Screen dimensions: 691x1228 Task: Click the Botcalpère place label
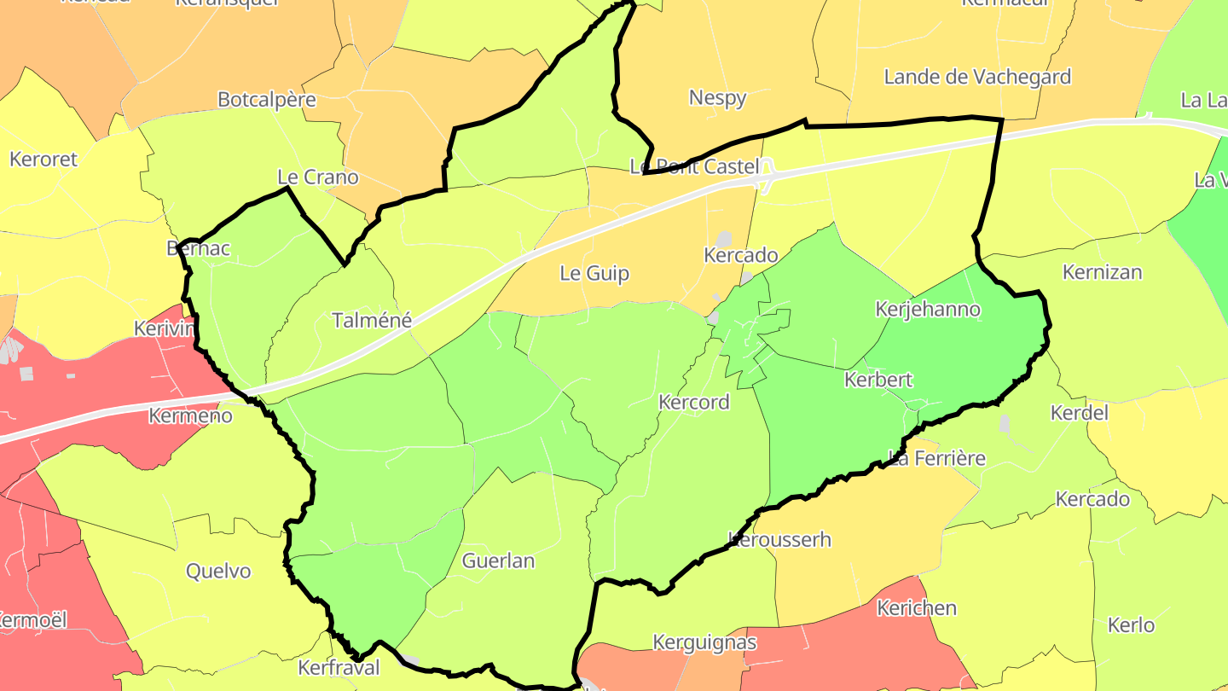pyautogui.click(x=267, y=100)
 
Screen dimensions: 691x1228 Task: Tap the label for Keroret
pyautogui.click(x=43, y=160)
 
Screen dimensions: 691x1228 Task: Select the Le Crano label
pyautogui.click(x=318, y=177)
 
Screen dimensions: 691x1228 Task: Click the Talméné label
pyautogui.click(x=371, y=321)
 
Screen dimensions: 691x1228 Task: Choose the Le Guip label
pyautogui.click(x=594, y=274)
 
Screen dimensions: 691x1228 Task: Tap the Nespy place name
pyautogui.click(x=718, y=98)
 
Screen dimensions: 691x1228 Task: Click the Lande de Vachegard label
pyautogui.click(x=977, y=78)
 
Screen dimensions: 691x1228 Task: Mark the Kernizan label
pyautogui.click(x=1102, y=273)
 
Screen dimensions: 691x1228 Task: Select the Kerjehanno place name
pyautogui.click(x=928, y=309)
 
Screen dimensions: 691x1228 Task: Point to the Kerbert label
pyautogui.click(x=878, y=380)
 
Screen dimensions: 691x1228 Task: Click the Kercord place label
pyautogui.click(x=694, y=403)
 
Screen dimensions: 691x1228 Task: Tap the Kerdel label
pyautogui.click(x=1079, y=413)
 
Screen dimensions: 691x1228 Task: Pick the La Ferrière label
pyautogui.click(x=936, y=458)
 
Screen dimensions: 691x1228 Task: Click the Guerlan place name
pyautogui.click(x=498, y=560)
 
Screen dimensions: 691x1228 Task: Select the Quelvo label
pyautogui.click(x=218, y=571)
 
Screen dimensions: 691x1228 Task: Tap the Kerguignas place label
pyautogui.click(x=704, y=642)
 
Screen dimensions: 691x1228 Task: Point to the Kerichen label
pyautogui.click(x=917, y=608)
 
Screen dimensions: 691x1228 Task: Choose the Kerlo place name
pyautogui.click(x=1131, y=624)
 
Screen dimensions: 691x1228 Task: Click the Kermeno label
pyautogui.click(x=190, y=416)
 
